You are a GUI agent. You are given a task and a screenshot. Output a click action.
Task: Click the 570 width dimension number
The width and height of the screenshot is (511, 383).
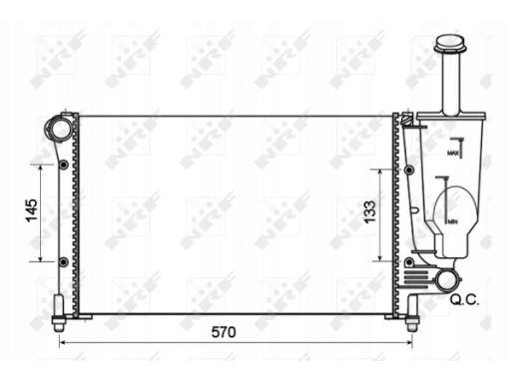point(224,332)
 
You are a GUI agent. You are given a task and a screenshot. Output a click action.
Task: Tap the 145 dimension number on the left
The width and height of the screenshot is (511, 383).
point(32,210)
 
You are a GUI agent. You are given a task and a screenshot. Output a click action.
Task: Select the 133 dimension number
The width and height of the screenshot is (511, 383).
point(369,212)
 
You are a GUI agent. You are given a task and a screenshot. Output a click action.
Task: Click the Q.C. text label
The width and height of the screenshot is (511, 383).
point(464,300)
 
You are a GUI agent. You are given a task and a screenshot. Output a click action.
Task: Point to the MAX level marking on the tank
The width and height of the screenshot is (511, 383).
point(453,154)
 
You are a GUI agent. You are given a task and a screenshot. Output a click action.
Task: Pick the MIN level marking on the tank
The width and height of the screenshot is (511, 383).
point(452,221)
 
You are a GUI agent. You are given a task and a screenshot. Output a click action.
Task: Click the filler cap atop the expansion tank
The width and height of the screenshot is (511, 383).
point(449,44)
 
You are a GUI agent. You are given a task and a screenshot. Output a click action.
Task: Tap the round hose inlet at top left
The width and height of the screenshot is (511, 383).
point(59,128)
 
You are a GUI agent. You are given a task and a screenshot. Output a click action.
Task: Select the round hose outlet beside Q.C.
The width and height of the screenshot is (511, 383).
point(446,280)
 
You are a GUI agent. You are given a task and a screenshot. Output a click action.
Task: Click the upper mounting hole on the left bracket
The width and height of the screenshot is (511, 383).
point(64,165)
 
